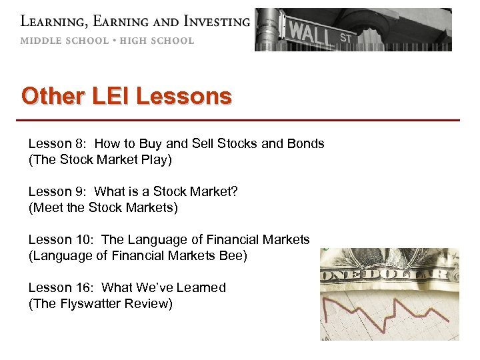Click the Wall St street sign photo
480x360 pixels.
coord(353,29)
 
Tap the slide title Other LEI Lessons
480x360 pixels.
coord(127,96)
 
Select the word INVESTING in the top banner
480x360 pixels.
coord(209,21)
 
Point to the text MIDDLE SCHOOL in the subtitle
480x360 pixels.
coord(64,41)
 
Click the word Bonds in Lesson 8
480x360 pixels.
coord(305,143)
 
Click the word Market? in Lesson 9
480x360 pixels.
coord(215,191)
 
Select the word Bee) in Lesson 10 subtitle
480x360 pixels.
coord(234,255)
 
